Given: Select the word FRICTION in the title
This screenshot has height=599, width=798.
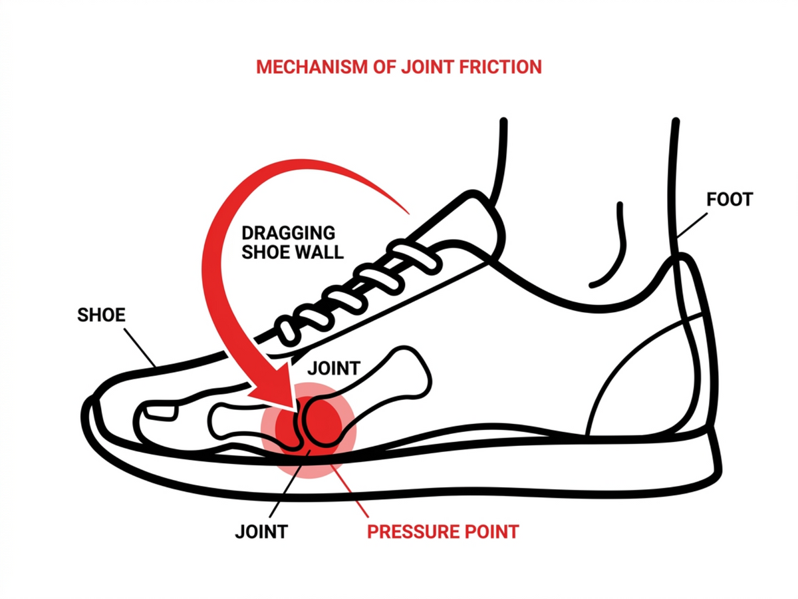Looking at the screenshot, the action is coord(500,67).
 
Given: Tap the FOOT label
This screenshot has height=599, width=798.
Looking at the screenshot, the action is coord(730,200).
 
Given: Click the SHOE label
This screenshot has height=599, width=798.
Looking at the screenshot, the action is coord(101,315).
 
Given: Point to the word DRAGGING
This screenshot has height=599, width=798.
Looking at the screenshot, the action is coord(289,233).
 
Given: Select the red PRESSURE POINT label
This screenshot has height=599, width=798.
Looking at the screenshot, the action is coord(443,532).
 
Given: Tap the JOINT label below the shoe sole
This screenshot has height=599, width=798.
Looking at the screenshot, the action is coord(261,532).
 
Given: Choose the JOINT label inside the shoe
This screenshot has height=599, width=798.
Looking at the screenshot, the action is coord(334,369).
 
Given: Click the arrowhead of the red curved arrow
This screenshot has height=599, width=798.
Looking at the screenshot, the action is coord(280,389).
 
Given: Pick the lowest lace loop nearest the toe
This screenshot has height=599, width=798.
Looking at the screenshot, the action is coord(287,333).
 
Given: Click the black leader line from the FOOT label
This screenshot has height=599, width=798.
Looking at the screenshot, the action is coord(692,226).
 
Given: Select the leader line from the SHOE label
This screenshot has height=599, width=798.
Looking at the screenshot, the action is coord(140,347).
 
